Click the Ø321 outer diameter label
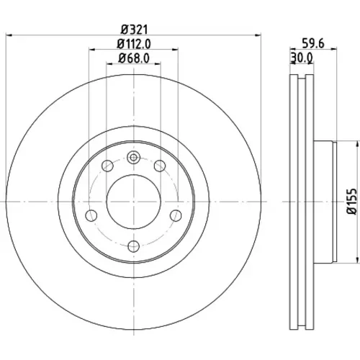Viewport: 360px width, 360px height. (x=134, y=30)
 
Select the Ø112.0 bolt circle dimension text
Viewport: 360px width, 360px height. (x=134, y=44)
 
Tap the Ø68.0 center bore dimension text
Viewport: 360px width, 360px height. (x=134, y=58)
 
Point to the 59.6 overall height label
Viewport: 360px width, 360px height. (x=313, y=44)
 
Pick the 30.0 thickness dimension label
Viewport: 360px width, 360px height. (x=302, y=58)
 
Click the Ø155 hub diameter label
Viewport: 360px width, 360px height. (x=352, y=202)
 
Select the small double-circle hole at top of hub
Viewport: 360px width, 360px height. (x=133, y=158)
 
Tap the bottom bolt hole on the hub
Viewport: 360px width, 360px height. (x=134, y=246)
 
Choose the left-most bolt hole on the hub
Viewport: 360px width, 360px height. (x=91, y=215)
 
